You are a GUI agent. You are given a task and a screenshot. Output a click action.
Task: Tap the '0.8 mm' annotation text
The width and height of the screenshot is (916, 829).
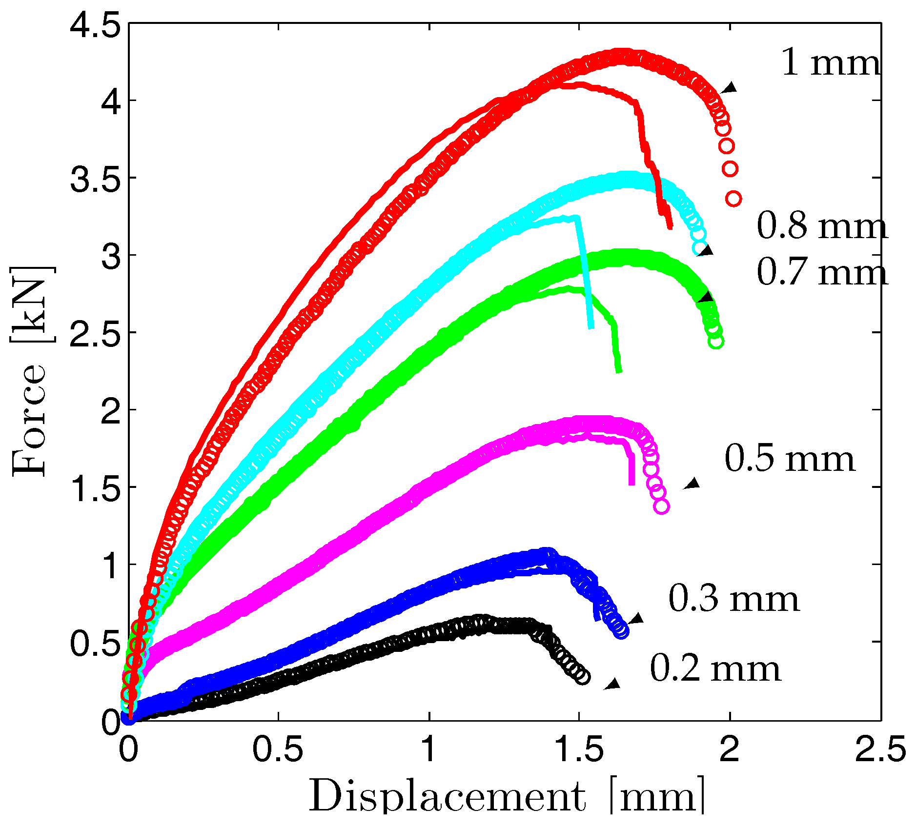click(x=822, y=226)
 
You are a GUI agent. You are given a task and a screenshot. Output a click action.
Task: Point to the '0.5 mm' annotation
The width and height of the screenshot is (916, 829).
click(x=790, y=459)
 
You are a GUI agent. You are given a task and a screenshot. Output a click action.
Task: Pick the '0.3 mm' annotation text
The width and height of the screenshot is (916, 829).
click(x=733, y=599)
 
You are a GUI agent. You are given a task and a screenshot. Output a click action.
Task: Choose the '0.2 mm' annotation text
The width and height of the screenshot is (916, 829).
click(x=715, y=669)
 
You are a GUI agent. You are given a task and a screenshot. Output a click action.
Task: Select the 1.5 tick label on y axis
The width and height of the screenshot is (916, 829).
click(x=95, y=487)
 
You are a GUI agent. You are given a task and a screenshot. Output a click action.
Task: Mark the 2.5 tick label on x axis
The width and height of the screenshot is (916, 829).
click(x=880, y=749)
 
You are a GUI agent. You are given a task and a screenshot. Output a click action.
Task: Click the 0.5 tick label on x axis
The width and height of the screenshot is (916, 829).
click(x=278, y=749)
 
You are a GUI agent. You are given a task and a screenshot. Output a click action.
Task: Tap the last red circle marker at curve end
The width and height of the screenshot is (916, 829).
click(x=733, y=199)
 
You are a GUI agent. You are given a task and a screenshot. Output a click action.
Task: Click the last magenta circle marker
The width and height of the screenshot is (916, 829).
click(x=661, y=506)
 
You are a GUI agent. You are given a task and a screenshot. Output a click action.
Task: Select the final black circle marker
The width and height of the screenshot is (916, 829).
click(x=582, y=677)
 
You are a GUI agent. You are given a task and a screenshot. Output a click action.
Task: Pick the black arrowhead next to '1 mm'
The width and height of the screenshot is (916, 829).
click(x=730, y=88)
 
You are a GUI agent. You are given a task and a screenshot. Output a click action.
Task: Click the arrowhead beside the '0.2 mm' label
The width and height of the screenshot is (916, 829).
click(x=612, y=684)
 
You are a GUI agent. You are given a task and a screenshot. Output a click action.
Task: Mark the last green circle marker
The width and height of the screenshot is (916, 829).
click(x=715, y=341)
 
